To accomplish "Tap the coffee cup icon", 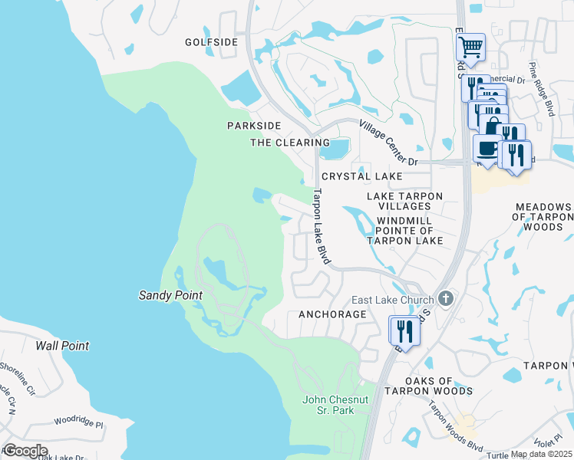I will (485, 147).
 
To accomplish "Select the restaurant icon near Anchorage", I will (404, 330).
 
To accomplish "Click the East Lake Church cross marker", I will (447, 300).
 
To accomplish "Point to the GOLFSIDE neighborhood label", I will (212, 42).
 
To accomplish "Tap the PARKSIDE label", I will (254, 125).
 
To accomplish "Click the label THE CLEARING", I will (290, 143).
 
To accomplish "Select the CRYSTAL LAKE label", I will (362, 176).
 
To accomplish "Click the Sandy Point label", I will (170, 295).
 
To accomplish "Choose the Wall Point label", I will (62, 346).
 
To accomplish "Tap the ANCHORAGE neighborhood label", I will (332, 314).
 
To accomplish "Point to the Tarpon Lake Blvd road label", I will (319, 227).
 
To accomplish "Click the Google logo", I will (25, 450).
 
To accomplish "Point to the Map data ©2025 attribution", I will (539, 454).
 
